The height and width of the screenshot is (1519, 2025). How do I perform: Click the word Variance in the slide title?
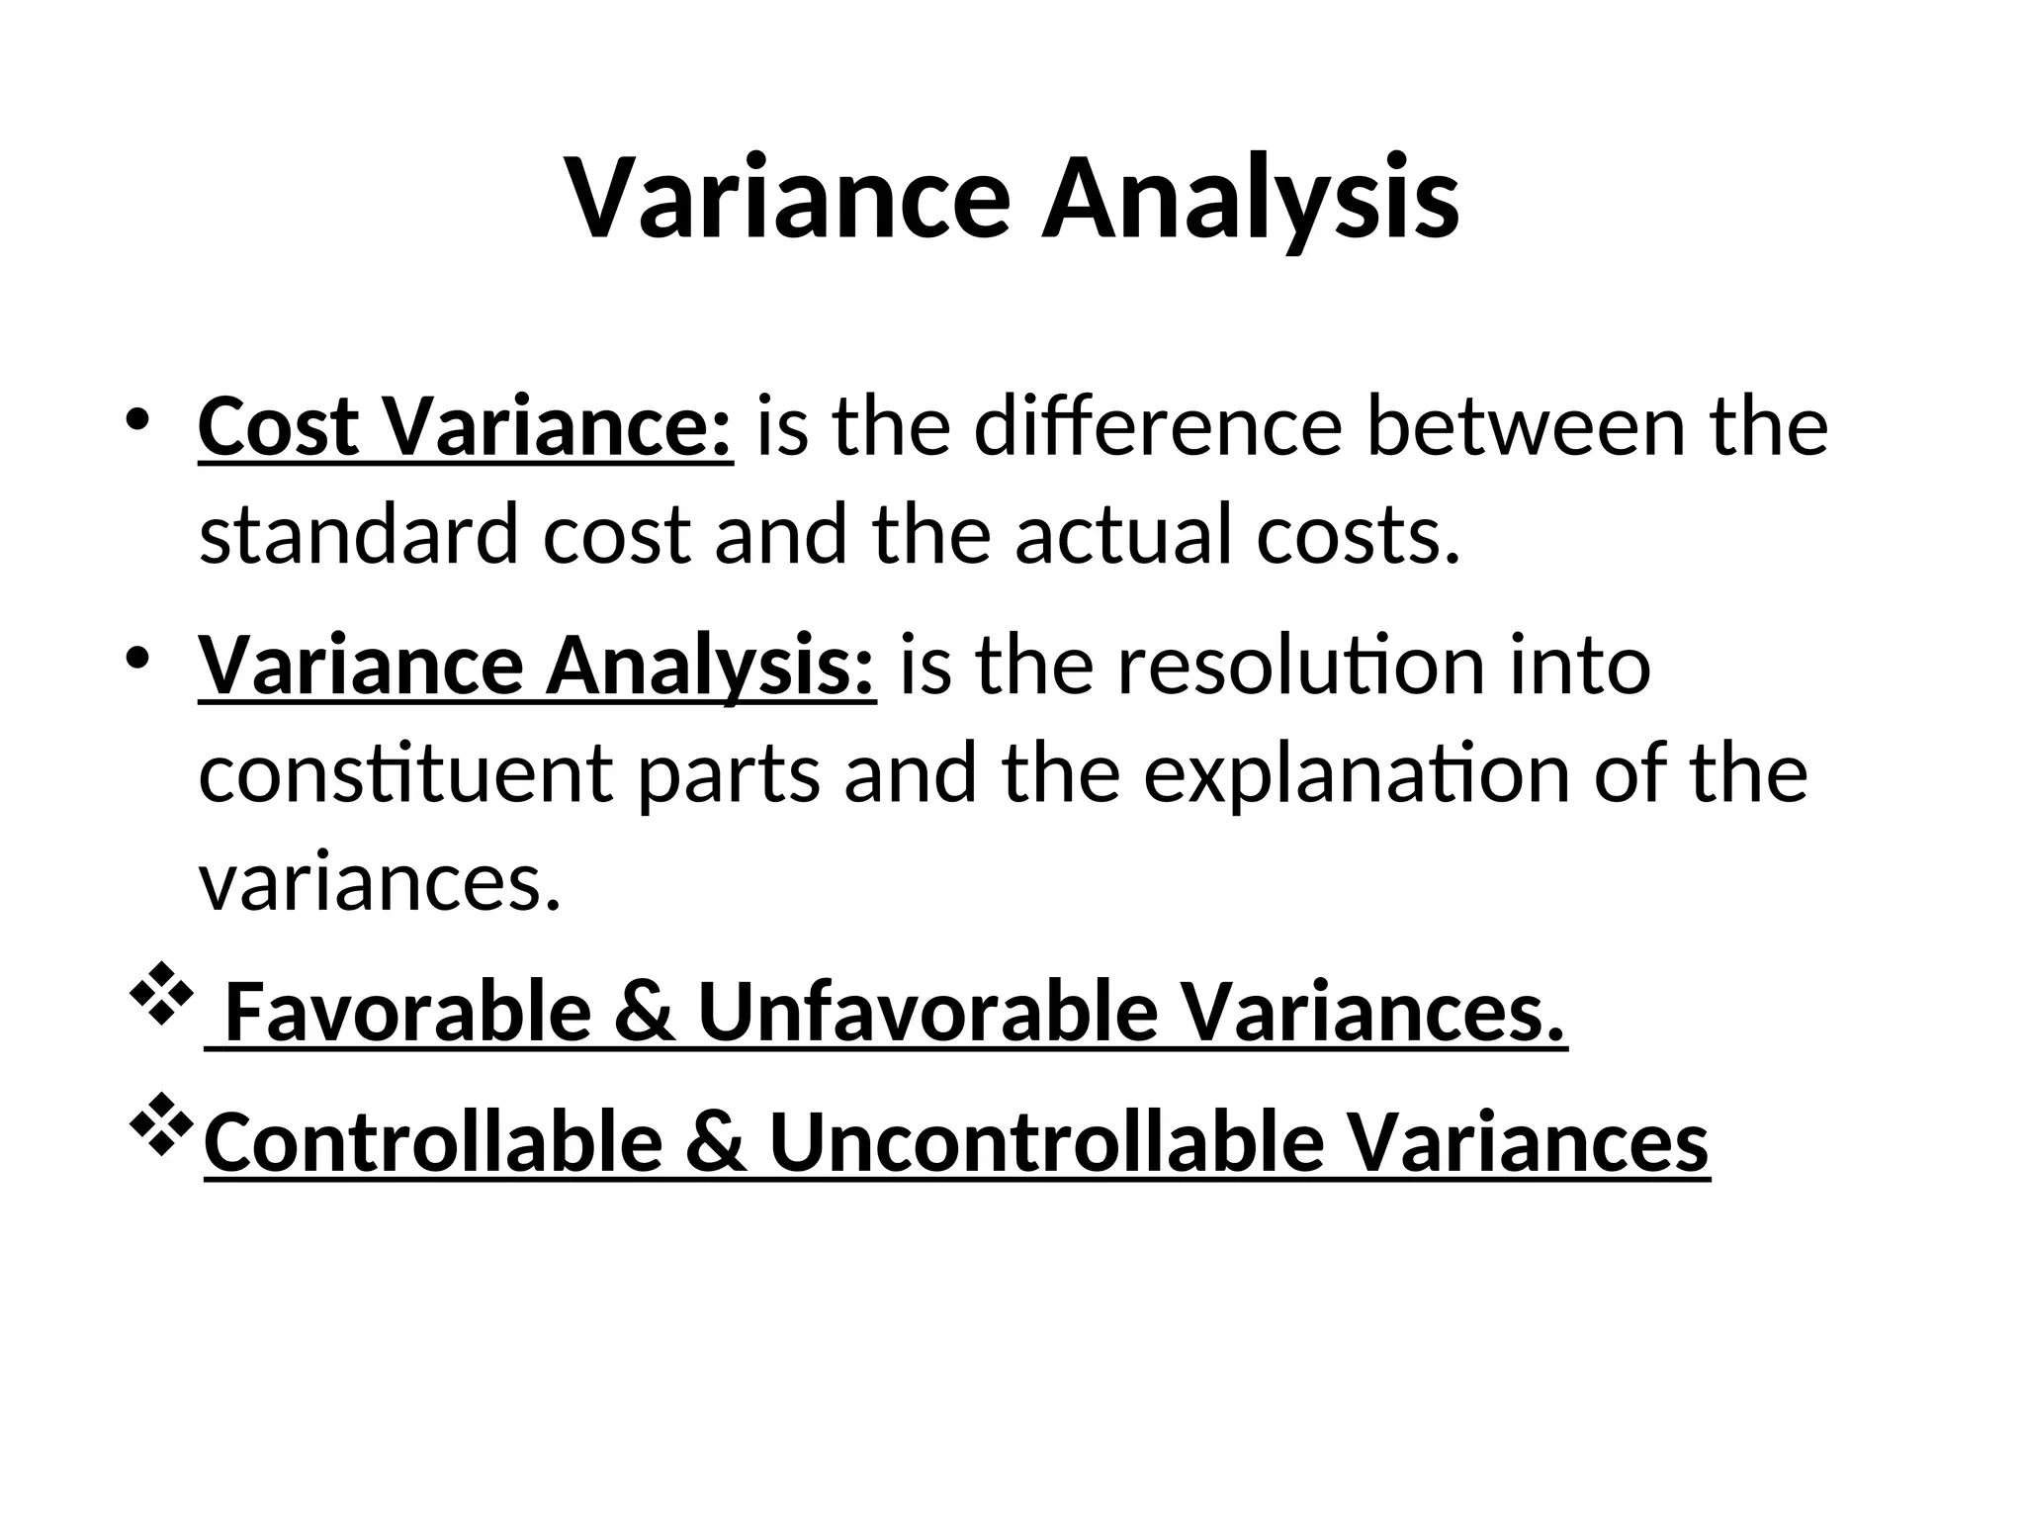coord(788,198)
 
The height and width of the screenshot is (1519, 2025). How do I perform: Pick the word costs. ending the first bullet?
coord(1358,535)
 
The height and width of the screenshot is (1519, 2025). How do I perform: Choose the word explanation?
coord(1356,774)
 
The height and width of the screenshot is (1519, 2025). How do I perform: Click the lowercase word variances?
coord(380,882)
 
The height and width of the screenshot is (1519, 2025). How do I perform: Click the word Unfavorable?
coord(926,1012)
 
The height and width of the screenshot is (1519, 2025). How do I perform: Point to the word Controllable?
coord(432,1141)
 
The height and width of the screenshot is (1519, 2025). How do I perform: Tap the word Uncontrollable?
coord(1046,1141)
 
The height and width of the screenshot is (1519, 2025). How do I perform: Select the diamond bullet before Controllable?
coord(159,1128)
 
